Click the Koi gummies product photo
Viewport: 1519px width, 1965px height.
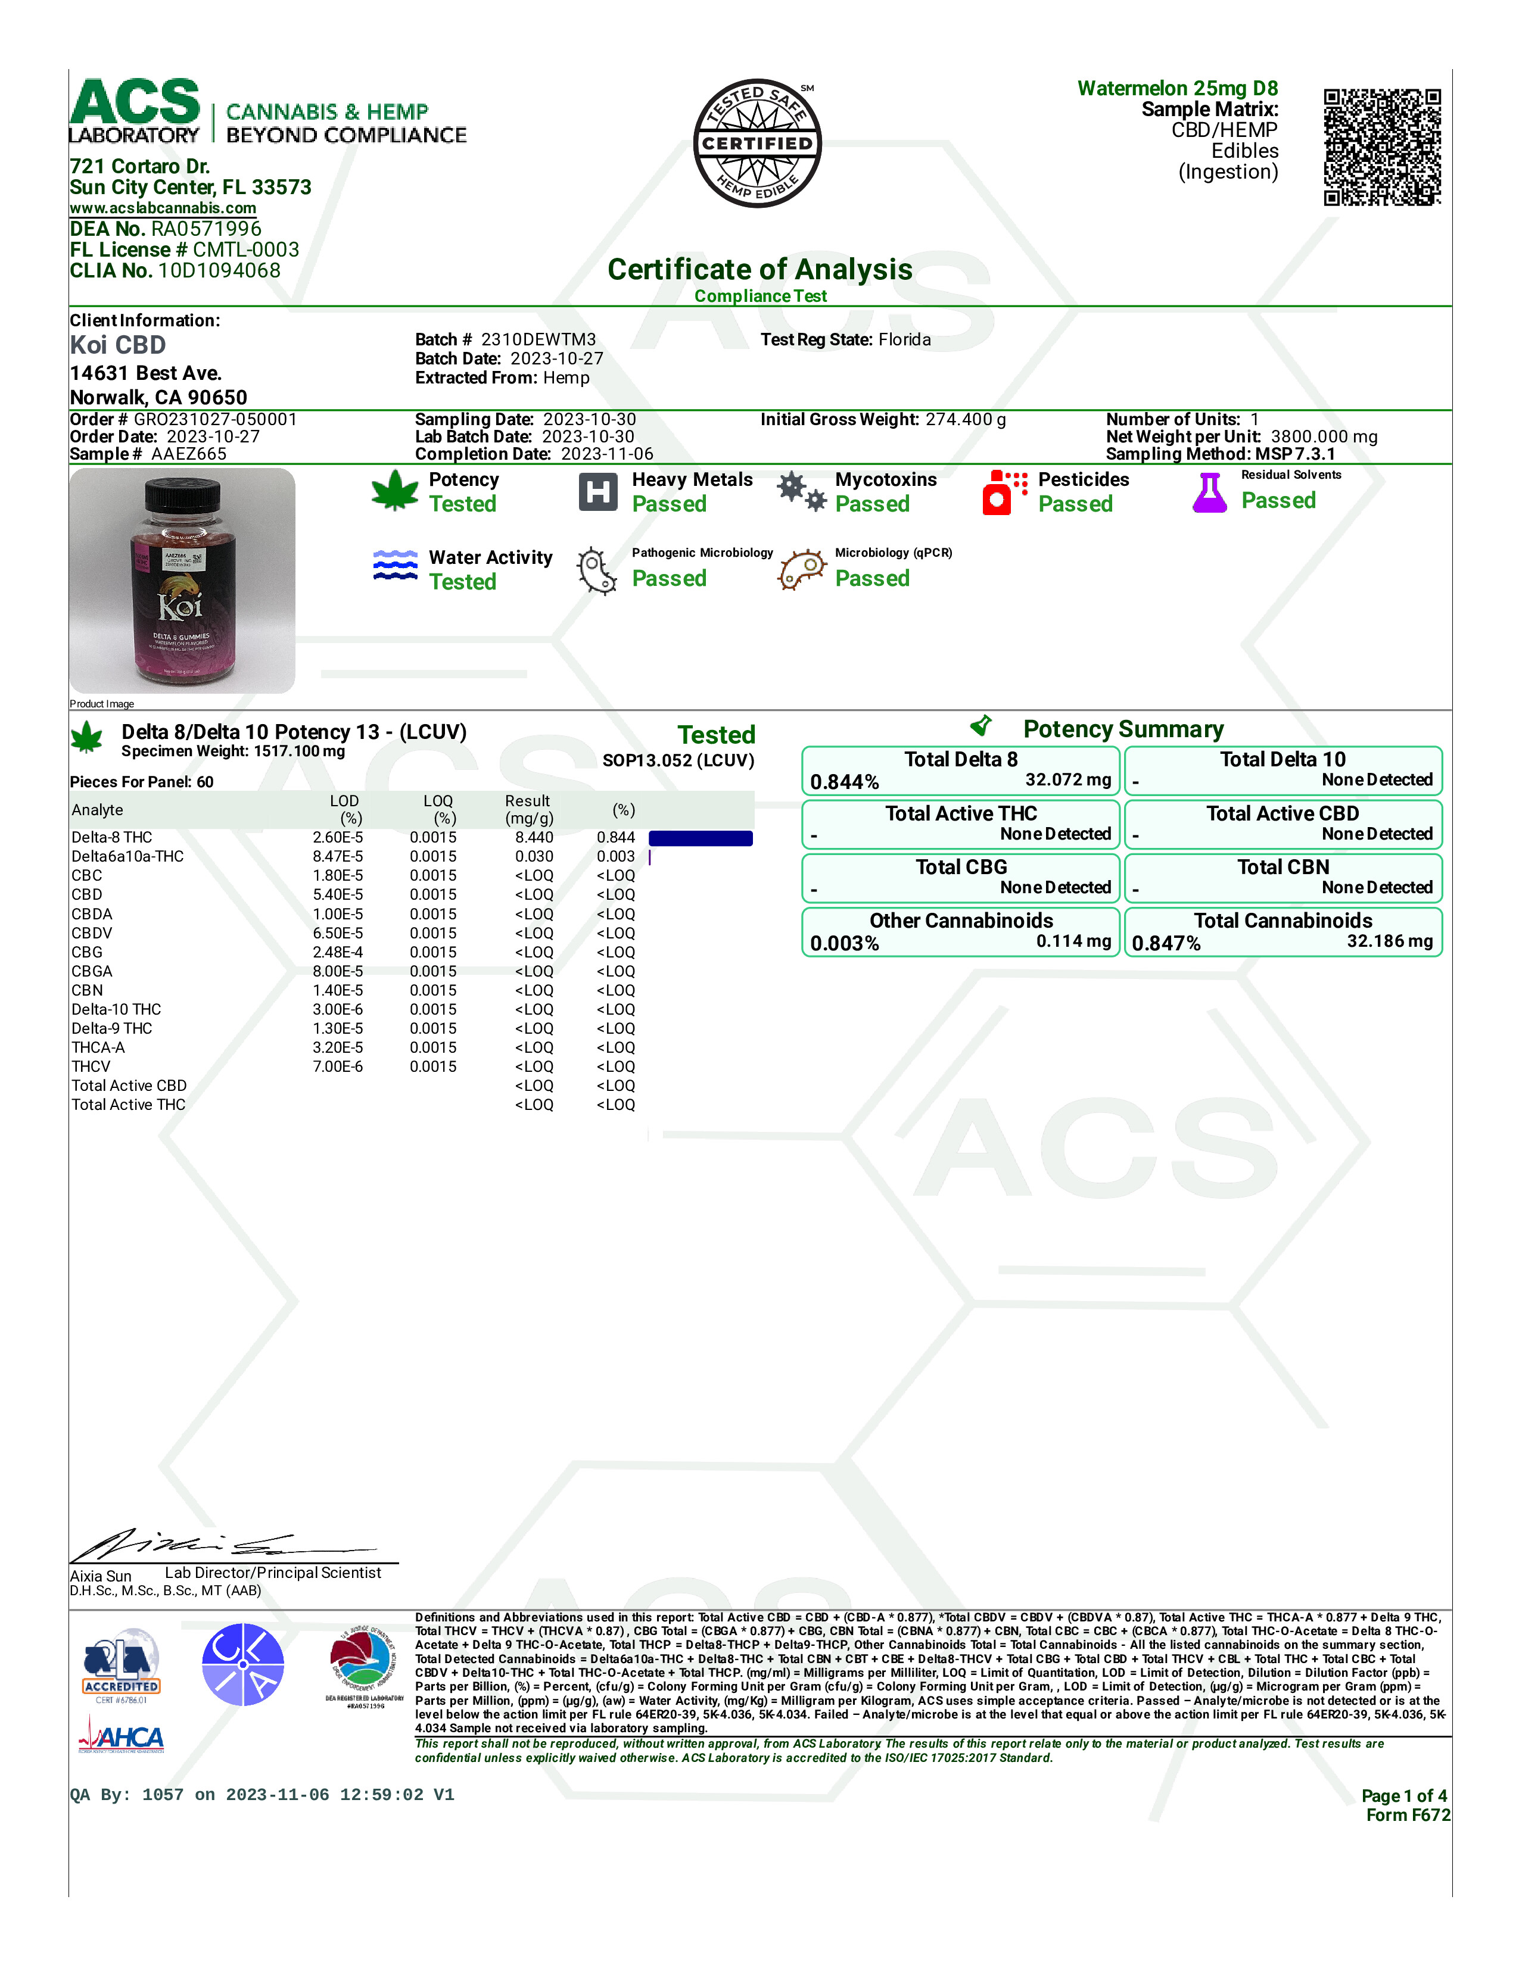coord(182,581)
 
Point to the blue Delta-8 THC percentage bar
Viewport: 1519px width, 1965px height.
coord(700,838)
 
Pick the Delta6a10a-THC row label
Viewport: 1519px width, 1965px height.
coord(128,856)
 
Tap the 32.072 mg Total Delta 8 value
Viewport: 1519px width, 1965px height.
coord(1067,779)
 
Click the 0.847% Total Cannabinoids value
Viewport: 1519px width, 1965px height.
coord(1166,943)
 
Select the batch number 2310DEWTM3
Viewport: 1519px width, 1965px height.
coord(538,339)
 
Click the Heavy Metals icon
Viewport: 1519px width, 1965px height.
coord(597,491)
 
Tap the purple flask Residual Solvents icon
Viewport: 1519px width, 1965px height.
coord(1209,492)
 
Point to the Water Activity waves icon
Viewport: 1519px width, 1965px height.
coord(395,565)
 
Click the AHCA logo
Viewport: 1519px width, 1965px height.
coord(122,1736)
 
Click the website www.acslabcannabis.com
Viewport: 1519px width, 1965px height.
coord(163,208)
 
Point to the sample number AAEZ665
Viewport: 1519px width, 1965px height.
coord(189,454)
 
